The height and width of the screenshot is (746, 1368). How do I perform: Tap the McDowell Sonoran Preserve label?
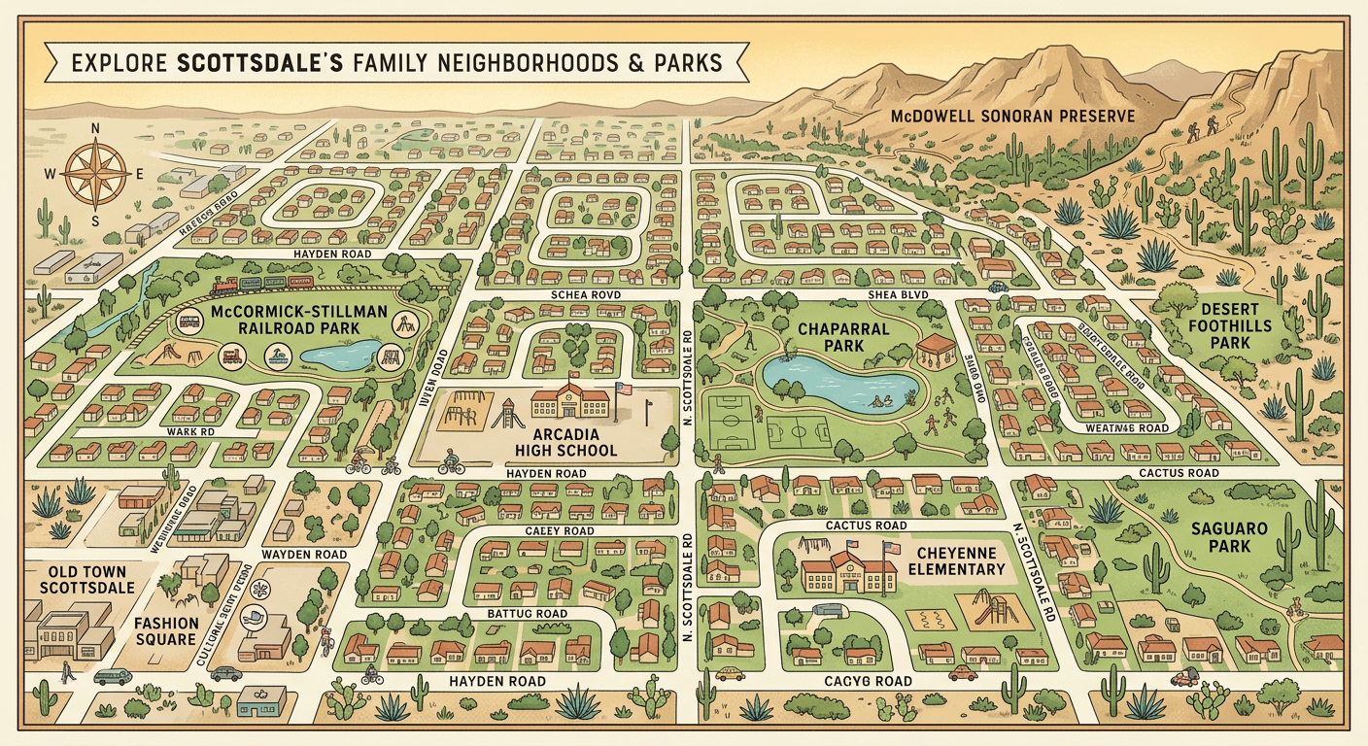click(1012, 116)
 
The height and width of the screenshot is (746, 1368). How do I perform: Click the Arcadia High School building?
click(571, 400)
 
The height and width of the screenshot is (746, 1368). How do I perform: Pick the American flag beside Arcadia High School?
click(623, 389)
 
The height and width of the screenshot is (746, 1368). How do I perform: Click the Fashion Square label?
click(166, 632)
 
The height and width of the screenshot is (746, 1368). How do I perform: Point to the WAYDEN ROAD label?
click(304, 555)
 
